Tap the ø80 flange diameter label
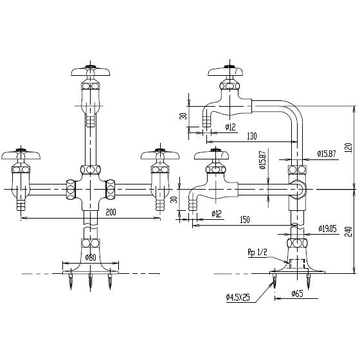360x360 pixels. click(90, 258)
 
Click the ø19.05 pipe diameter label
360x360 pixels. click(327, 228)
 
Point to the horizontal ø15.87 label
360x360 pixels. click(327, 153)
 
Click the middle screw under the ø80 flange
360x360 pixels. click(91, 280)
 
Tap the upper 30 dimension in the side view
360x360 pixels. click(183, 116)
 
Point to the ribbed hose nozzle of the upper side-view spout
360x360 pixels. click(208, 119)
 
